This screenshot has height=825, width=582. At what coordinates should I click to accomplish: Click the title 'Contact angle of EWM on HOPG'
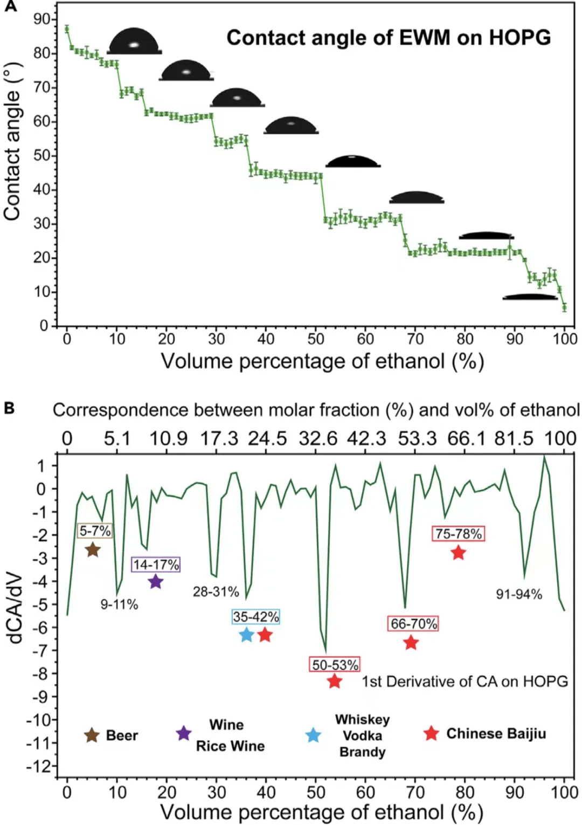[x=389, y=38]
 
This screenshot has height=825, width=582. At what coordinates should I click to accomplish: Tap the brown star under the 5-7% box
[x=93, y=550]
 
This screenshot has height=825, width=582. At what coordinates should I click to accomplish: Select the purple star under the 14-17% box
[x=156, y=582]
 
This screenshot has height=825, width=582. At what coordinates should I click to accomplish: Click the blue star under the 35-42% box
[x=246, y=635]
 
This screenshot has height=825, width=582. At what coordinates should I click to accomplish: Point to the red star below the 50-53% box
[x=335, y=681]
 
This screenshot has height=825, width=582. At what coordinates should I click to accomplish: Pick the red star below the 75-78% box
[x=458, y=553]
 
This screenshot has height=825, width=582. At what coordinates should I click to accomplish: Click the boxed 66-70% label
[x=413, y=624]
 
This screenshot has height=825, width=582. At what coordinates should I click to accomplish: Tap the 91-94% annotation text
[x=518, y=594]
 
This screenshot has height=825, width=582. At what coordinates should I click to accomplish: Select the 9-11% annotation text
[x=119, y=604]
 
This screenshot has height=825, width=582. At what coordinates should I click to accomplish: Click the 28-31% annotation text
[x=216, y=592]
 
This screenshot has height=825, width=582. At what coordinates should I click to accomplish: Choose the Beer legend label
[x=122, y=735]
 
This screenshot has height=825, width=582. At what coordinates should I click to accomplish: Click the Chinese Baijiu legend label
[x=496, y=734]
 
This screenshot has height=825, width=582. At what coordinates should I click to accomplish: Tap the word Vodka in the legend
[x=362, y=735]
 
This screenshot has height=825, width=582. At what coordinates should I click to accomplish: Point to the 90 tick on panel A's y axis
[x=41, y=19]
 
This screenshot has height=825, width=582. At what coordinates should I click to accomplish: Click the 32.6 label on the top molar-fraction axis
[x=318, y=438]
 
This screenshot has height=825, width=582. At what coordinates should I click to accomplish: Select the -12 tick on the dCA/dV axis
[x=40, y=766]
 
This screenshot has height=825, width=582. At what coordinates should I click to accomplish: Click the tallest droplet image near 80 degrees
[x=134, y=42]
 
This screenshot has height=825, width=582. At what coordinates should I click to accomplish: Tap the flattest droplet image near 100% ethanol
[x=530, y=297]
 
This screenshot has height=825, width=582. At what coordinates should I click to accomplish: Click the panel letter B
[x=9, y=408]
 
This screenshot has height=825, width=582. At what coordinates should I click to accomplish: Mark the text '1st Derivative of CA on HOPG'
[x=465, y=682]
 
